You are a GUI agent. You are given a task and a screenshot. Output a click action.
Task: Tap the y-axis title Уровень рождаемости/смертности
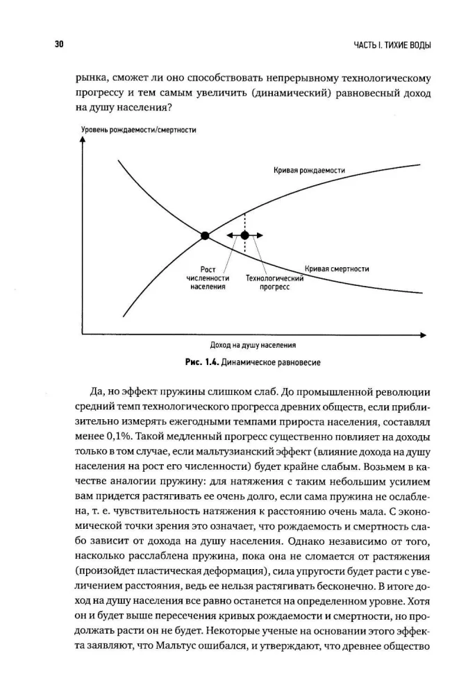138,129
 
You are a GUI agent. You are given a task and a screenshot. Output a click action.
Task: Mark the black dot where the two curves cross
205,236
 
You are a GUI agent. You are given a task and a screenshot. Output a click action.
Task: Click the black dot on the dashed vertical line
244,236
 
